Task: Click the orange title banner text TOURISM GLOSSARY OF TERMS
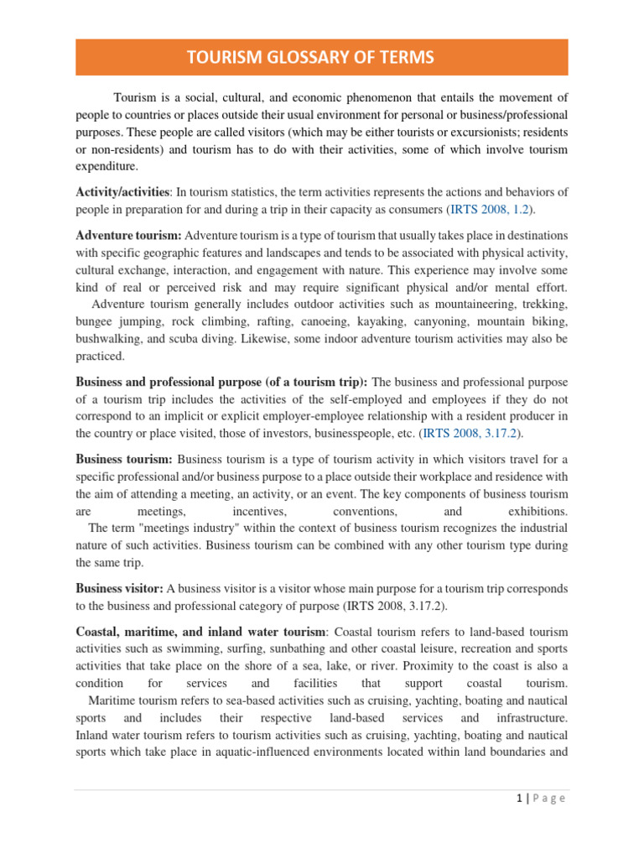pyautogui.click(x=322, y=57)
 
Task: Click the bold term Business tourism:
pyautogui.click(x=124, y=459)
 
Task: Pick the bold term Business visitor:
pyautogui.click(x=121, y=588)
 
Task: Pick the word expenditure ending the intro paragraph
pyautogui.click(x=106, y=166)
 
